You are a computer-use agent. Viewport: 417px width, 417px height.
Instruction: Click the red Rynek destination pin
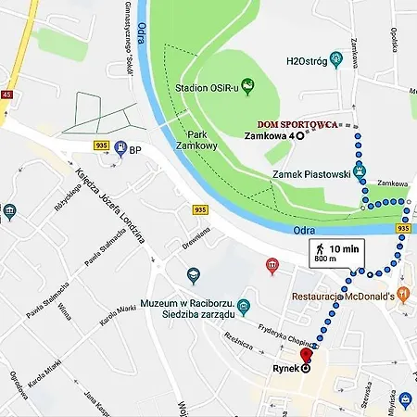[306, 356]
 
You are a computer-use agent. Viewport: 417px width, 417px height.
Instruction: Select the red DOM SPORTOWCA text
[297, 123]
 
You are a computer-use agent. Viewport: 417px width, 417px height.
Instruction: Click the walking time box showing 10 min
[335, 252]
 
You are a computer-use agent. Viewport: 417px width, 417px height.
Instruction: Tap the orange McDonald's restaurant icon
[405, 296]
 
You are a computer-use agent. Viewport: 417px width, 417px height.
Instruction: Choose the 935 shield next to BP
[101, 145]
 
